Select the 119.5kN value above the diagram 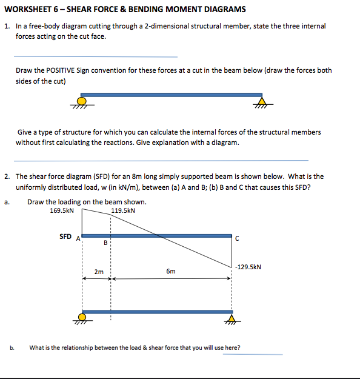[123, 211]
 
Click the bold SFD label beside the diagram [65, 236]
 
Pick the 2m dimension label [99, 272]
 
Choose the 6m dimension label [171, 272]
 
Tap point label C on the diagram [238, 238]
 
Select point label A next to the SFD [77, 238]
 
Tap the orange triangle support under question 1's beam [262, 101]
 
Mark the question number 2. [6, 176]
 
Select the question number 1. [6, 26]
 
